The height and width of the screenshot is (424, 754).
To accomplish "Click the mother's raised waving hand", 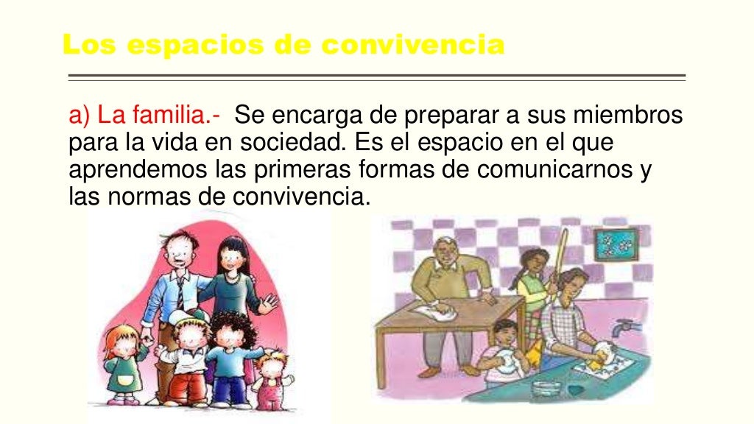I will click(x=269, y=303).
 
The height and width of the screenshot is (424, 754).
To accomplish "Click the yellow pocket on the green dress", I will click(x=123, y=381).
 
